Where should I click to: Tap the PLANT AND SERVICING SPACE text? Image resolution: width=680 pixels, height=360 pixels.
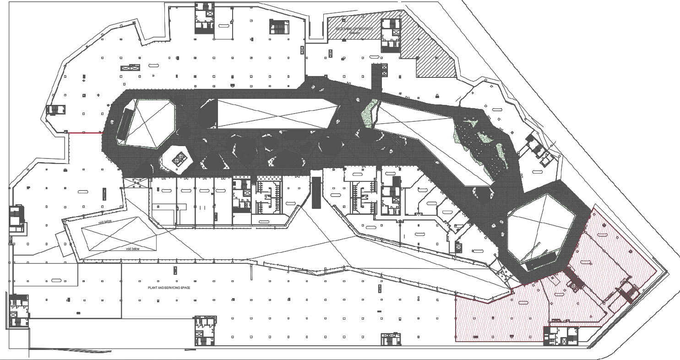coord(169,288)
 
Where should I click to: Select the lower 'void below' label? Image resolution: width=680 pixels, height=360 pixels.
coord(133,249)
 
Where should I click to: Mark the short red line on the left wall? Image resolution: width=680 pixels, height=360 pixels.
coord(84,133)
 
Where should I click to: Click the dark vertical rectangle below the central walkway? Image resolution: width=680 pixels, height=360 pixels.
coord(316,192)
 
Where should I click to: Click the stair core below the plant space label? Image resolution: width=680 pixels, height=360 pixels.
coord(205,330)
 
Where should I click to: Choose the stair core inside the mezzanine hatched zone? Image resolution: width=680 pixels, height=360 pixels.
coord(390,35)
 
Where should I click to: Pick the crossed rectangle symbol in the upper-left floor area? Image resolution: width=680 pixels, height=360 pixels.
coord(130,68)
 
